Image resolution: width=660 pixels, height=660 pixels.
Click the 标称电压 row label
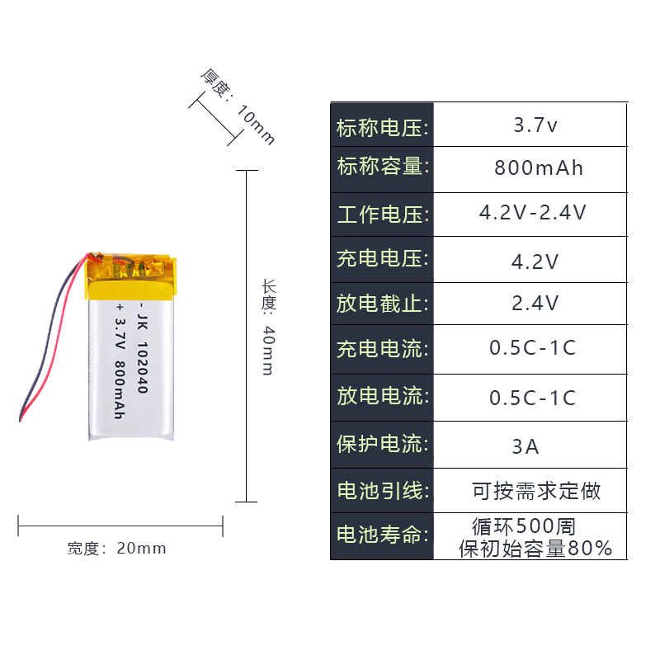(x=383, y=128)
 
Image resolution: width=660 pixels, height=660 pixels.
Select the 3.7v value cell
(x=535, y=126)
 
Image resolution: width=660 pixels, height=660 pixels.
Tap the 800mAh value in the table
(x=539, y=168)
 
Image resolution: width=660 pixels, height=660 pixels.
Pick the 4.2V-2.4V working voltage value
(x=533, y=213)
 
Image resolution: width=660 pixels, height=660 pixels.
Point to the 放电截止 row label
(x=383, y=303)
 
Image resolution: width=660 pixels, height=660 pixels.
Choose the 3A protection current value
(x=526, y=447)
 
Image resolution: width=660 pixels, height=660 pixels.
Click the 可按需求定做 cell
(x=536, y=492)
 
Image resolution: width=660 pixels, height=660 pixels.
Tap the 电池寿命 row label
(x=383, y=535)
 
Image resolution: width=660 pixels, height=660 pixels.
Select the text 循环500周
(x=523, y=526)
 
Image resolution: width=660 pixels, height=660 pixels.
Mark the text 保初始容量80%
(x=535, y=548)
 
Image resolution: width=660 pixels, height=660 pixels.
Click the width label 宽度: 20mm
(x=116, y=549)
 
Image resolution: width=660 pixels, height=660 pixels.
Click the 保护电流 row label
(x=383, y=444)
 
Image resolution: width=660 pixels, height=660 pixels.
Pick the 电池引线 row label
(x=383, y=492)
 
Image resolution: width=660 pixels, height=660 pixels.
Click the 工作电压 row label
(x=383, y=215)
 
